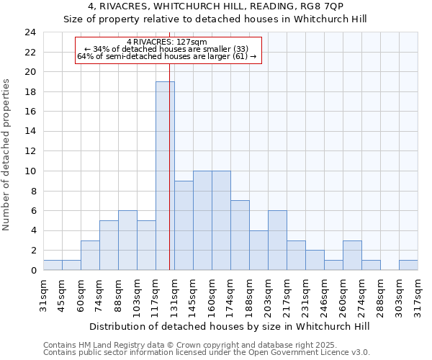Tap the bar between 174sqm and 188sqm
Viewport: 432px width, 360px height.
point(240,235)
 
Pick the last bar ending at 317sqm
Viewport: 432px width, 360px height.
point(408,265)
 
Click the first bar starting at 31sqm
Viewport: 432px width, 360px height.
point(53,265)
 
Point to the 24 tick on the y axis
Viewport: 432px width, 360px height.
point(30,32)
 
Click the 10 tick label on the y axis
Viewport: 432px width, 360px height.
point(30,171)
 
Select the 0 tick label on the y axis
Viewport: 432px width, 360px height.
point(33,271)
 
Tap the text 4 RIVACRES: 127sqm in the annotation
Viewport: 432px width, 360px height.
point(166,42)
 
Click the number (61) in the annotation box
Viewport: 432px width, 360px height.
point(238,56)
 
